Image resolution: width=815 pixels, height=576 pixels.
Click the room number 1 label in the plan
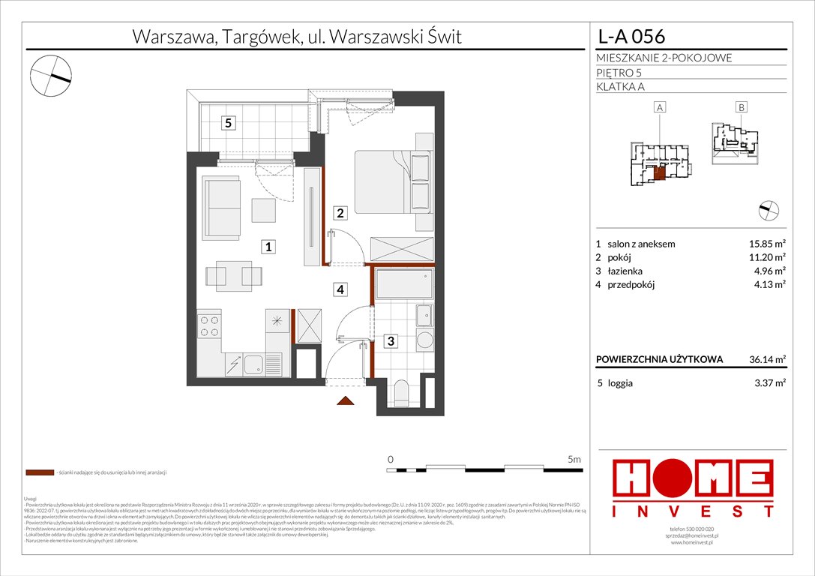click(x=267, y=246)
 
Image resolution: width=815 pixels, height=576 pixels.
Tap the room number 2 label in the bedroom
click(x=340, y=213)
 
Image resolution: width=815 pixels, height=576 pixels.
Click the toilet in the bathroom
click(x=402, y=392)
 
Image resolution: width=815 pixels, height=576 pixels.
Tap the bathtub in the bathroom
click(x=403, y=286)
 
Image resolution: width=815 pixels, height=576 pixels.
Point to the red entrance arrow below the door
click(x=346, y=401)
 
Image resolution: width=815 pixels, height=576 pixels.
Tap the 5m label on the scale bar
click(x=574, y=457)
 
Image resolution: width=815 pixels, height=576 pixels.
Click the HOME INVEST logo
click(x=694, y=489)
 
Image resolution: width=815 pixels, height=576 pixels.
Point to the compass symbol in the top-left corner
click(x=51, y=75)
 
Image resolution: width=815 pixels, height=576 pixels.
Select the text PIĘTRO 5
click(x=619, y=73)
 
